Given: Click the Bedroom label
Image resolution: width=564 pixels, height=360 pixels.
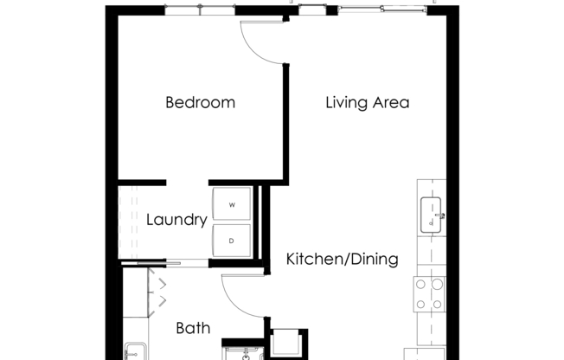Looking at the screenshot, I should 200,103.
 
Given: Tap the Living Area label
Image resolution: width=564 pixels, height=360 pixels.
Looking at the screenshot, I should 367,103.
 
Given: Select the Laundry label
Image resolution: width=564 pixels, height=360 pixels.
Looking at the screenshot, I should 176,220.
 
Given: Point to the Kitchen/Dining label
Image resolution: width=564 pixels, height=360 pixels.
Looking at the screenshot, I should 342,259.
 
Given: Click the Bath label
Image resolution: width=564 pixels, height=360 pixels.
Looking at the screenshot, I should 193,328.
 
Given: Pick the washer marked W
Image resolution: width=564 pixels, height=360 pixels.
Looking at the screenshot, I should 232,205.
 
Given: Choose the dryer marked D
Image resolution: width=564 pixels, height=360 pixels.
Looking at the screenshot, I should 232,241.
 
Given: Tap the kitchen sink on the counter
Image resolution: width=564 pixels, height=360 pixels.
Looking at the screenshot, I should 433,215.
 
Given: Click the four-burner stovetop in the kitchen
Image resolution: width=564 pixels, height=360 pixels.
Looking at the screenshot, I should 429,293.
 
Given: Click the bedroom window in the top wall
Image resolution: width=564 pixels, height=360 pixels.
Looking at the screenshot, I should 200,10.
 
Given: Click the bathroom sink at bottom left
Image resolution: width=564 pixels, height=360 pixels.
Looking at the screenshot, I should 135,351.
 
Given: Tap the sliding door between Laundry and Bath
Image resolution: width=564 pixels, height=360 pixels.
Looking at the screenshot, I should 151,262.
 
